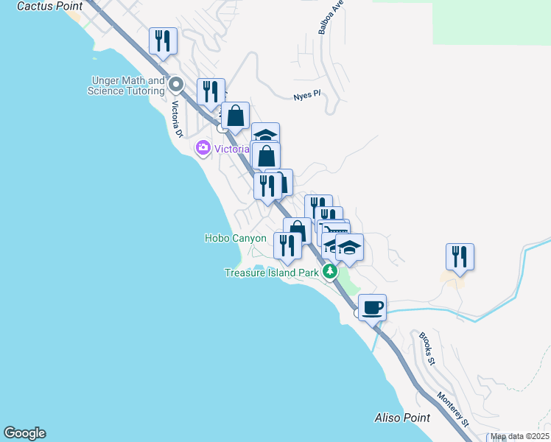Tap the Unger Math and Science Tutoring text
point(126,85)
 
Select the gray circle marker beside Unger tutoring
point(176,84)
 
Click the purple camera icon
point(203,149)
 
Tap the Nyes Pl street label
point(307,96)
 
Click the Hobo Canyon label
point(235,238)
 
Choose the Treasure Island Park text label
point(271,273)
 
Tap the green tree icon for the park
point(330,273)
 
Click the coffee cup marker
point(372,306)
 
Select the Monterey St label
point(453,400)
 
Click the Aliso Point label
point(401,418)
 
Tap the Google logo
point(24,433)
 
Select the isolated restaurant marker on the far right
point(460,257)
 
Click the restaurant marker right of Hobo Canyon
point(287,246)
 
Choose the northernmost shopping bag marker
point(236,116)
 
